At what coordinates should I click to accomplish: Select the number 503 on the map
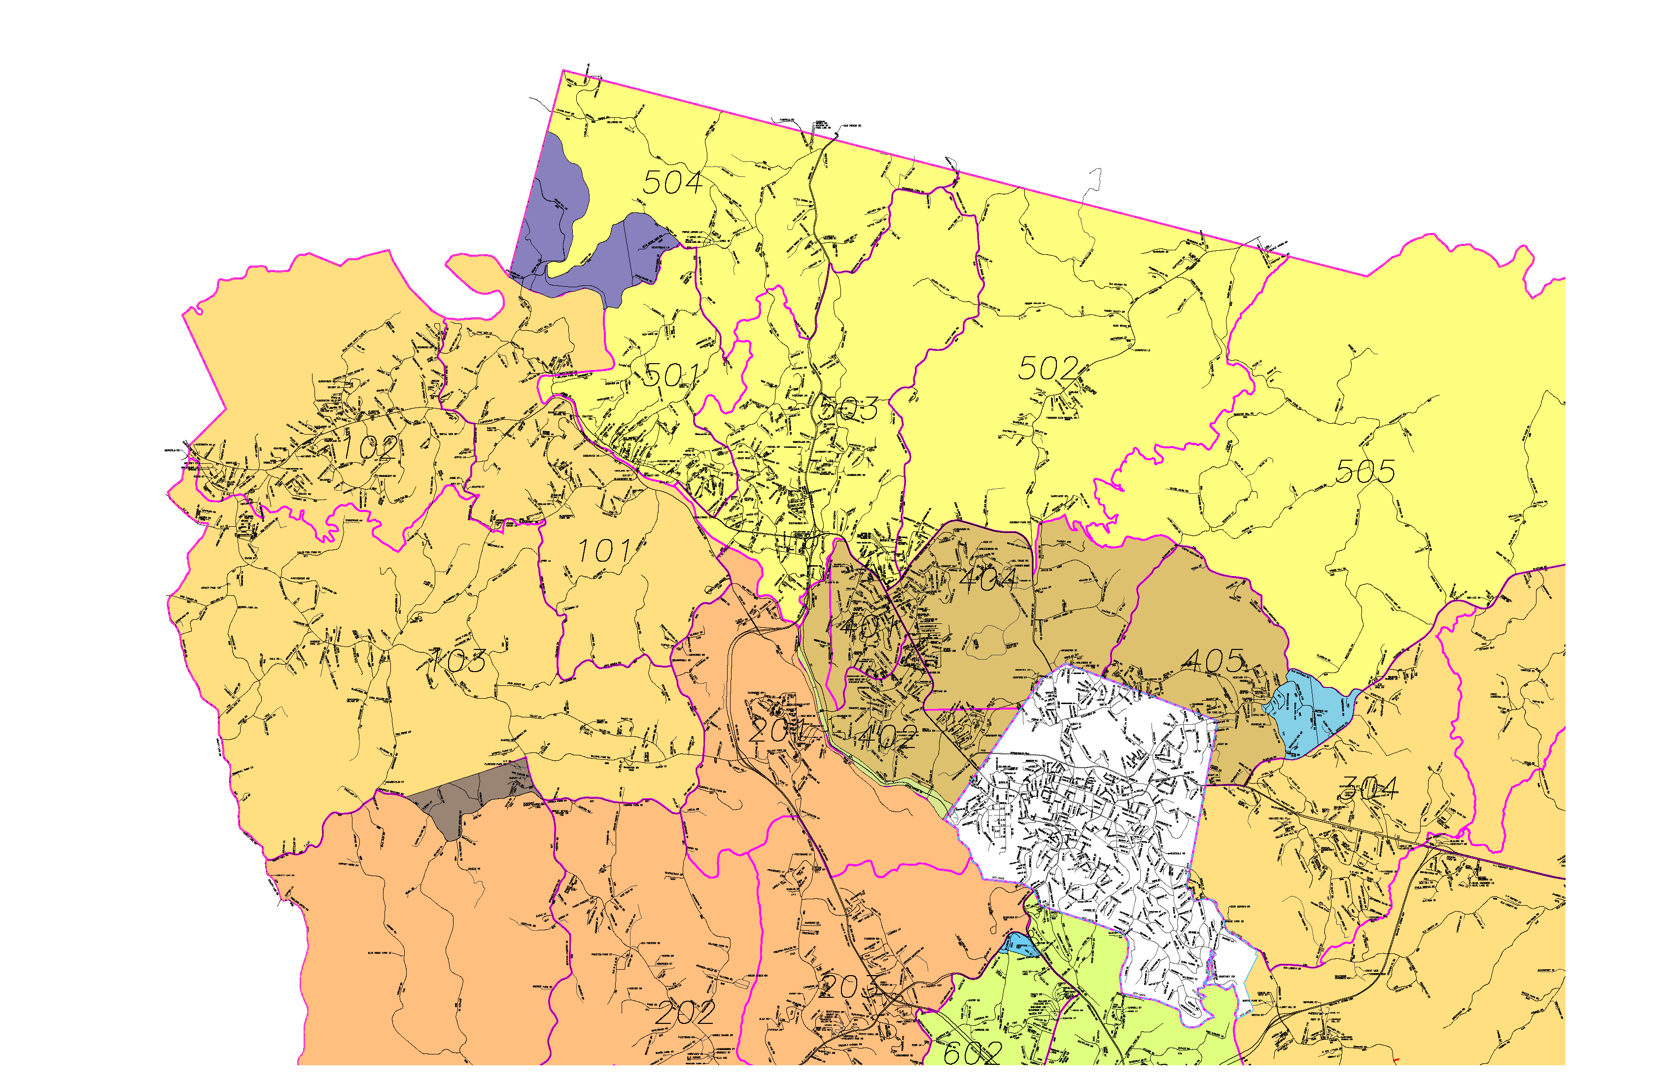(848, 409)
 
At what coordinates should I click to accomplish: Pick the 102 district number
(370, 448)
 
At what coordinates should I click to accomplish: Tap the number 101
(604, 551)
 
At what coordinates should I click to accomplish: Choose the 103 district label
(458, 660)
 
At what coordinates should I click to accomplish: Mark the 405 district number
(1214, 660)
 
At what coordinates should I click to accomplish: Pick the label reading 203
(848, 987)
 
